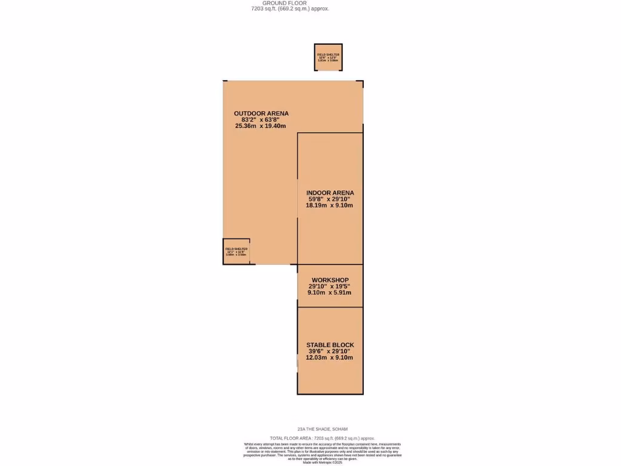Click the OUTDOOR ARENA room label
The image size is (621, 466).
pos(261,113)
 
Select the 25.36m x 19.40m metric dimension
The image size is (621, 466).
pos(260,126)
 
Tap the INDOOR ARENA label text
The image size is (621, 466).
pos(330,193)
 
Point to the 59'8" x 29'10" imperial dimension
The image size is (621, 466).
pos(329,199)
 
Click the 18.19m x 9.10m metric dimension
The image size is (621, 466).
pos(329,206)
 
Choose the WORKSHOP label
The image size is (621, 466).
pos(330,280)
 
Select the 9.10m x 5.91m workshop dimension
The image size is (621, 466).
pos(329,292)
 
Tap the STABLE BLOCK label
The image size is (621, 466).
pos(330,345)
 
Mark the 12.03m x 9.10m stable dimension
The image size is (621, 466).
pos(329,357)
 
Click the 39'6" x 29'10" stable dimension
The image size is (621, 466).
pos(329,351)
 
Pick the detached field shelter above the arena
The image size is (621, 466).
pos(328,57)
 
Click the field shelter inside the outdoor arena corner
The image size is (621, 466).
pos(236,251)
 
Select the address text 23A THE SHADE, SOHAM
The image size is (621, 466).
pos(322,429)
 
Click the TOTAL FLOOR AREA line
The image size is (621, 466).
pos(322,438)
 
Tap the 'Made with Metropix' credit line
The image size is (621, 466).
pos(322,463)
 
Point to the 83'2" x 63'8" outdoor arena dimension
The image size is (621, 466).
pos(260,120)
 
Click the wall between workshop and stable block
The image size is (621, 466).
pos(330,308)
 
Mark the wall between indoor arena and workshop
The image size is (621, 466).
pos(330,265)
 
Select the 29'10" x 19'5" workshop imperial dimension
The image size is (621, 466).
pos(329,286)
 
